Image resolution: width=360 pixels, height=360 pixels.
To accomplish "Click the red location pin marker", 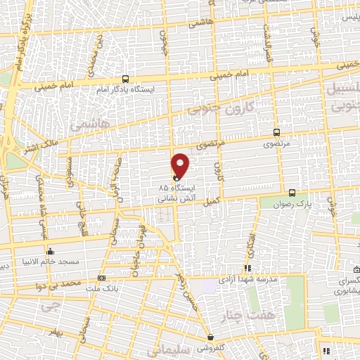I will [181, 165].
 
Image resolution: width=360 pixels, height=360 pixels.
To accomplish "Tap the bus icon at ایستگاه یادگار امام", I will [125, 79].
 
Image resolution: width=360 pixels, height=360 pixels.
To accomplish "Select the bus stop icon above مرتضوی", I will [275, 131].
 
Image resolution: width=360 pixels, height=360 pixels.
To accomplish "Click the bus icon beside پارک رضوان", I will [292, 192].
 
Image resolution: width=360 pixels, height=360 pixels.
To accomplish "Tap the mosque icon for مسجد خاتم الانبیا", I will [49, 252].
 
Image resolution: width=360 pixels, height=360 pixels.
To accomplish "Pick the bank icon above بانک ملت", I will [101, 278].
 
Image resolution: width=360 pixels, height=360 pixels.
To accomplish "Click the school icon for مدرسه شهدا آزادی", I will [247, 268].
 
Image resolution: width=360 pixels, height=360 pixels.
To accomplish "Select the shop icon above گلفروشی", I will [210, 337].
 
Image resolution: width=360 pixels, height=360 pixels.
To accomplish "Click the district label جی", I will [48, 307].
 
